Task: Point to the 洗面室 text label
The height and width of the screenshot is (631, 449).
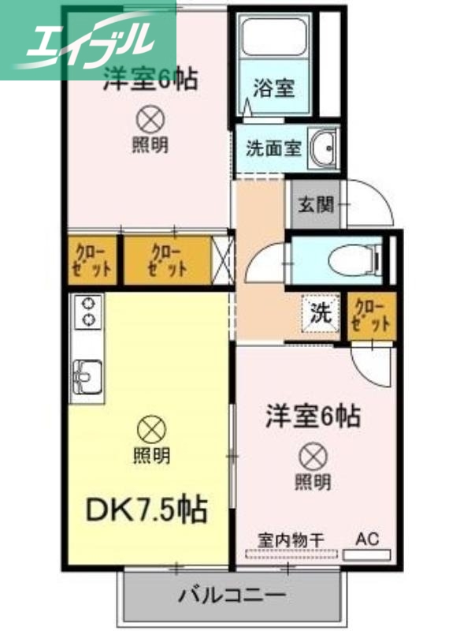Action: pyautogui.click(x=273, y=148)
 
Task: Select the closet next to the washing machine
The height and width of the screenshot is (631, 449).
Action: pyautogui.click(x=370, y=314)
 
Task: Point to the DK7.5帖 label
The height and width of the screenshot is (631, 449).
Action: pyautogui.click(x=147, y=510)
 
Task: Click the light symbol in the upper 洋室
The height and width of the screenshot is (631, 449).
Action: pyautogui.click(x=150, y=119)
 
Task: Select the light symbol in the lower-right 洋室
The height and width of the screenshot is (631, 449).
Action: pyautogui.click(x=314, y=455)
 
